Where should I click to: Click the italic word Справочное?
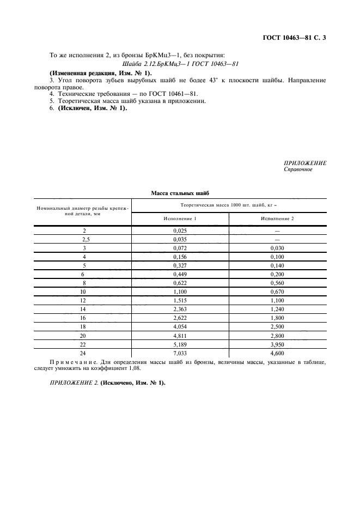[x=298, y=169]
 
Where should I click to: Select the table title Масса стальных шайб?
[x=180, y=193]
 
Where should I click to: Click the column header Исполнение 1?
[x=180, y=218]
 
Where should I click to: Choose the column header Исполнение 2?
[x=277, y=218]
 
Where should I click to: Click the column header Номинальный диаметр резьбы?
[x=84, y=211]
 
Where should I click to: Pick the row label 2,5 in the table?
[x=84, y=239]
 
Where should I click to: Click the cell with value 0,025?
[x=180, y=230]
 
